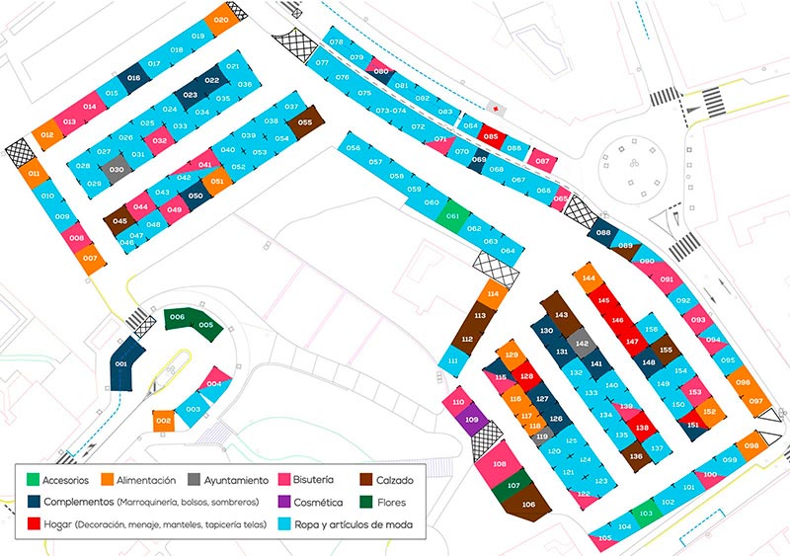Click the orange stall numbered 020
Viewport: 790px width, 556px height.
click(220, 20)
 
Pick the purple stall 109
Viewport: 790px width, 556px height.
click(472, 420)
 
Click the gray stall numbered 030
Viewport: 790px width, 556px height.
click(117, 170)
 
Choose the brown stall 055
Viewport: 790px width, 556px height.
click(305, 122)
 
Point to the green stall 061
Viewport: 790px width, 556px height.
click(452, 216)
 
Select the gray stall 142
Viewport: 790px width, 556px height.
click(583, 344)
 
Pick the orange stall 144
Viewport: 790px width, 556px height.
click(589, 279)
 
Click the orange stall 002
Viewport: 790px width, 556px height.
click(164, 422)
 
